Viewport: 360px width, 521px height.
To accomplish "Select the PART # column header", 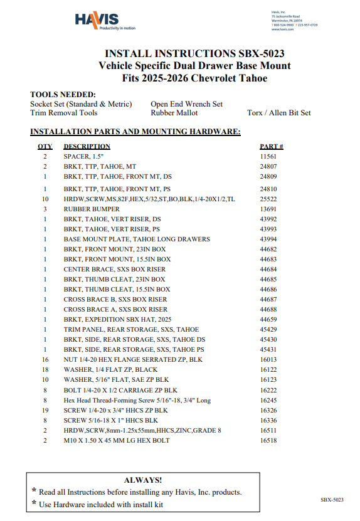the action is coord(271,146).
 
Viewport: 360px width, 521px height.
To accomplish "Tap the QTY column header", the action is coord(45,146).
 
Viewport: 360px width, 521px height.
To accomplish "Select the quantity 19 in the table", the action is coord(45,410).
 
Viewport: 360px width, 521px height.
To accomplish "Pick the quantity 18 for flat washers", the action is coord(45,370).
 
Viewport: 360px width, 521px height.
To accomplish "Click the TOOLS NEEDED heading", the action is coord(63,95).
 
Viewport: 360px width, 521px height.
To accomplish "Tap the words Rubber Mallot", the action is coord(174,113).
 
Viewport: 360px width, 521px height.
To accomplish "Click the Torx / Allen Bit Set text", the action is coord(278,113).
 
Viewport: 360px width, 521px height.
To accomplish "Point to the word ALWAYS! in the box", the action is coord(143,480).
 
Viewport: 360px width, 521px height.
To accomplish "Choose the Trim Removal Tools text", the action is coord(63,113).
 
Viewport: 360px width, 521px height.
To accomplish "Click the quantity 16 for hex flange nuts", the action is coord(45,360).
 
